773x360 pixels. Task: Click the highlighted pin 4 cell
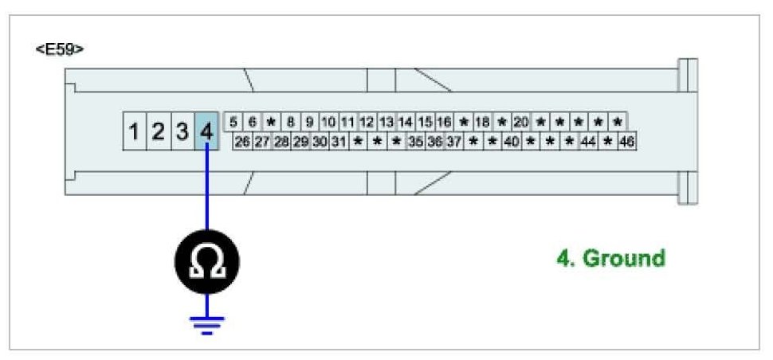207,131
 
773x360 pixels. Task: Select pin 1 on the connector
135,131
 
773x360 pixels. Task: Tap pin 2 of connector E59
159,131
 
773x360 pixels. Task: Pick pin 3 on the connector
182,131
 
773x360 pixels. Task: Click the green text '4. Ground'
610,259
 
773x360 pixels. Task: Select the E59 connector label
60,49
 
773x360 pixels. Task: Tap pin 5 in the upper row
233,123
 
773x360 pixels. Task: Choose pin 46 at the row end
626,142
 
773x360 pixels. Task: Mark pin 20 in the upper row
521,123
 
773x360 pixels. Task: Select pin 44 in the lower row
588,142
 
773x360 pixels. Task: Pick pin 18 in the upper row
482,123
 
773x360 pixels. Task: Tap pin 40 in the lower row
512,142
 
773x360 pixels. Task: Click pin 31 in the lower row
339,142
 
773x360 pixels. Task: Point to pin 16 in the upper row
444,123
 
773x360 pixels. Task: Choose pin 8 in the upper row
290,123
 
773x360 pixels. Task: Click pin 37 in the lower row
453,142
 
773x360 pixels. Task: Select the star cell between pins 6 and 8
271,123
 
